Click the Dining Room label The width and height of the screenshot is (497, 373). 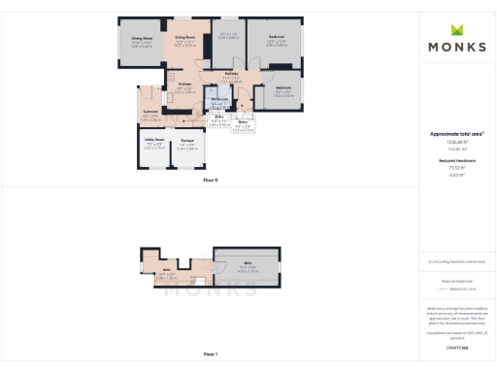[143, 40]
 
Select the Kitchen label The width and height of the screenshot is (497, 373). [183, 85]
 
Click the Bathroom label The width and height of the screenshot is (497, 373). [219, 98]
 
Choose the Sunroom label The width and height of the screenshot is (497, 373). [151, 112]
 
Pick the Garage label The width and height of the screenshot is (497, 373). [187, 142]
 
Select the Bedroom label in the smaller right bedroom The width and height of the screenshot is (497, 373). [283, 87]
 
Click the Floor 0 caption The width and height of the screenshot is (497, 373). [211, 181]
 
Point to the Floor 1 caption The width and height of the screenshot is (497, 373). [211, 354]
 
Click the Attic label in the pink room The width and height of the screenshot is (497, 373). [167, 269]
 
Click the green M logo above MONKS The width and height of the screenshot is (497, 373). [457, 30]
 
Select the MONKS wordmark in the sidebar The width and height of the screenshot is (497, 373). [457, 48]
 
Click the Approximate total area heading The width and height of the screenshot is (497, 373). [457, 133]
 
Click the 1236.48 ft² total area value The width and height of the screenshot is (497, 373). [457, 140]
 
